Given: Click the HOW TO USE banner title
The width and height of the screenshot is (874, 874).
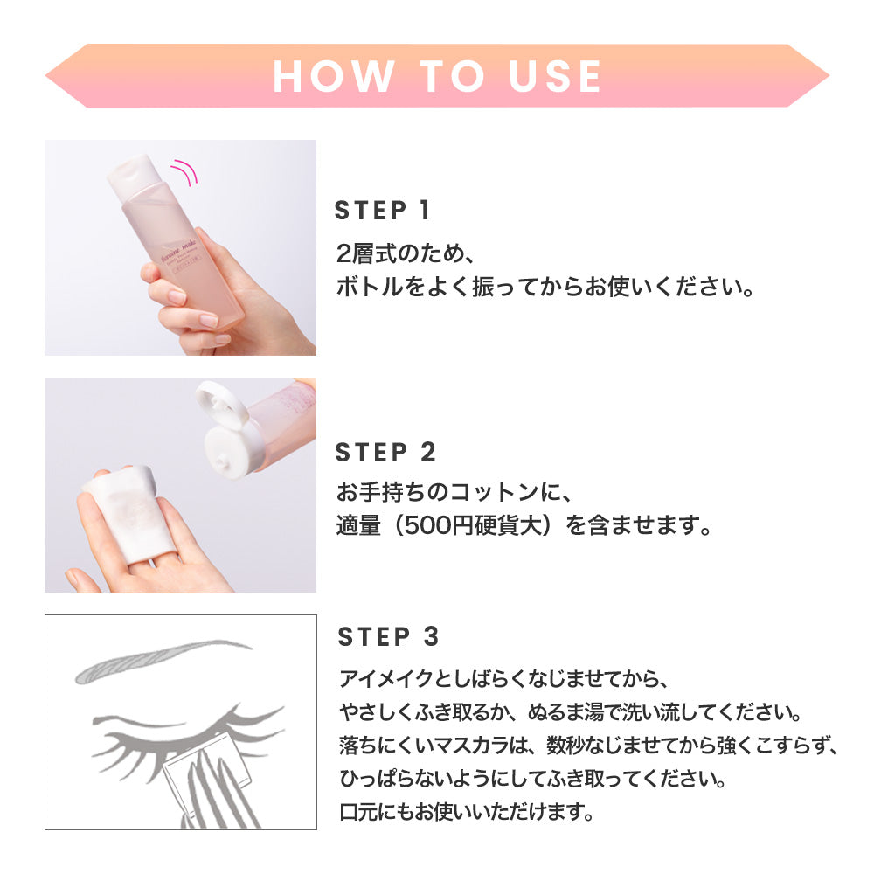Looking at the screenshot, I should click(x=437, y=76).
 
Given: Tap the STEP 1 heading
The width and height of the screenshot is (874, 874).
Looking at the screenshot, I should click(x=383, y=211).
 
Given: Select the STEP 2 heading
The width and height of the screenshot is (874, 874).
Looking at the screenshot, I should click(x=385, y=453).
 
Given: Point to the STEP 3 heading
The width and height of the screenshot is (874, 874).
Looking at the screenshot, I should click(x=388, y=636).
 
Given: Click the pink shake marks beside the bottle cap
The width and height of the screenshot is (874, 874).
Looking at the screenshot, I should click(x=185, y=170).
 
